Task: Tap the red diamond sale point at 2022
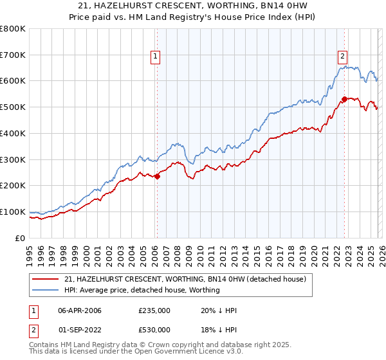345,99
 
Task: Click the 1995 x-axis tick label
29,253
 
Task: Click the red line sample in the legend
46,279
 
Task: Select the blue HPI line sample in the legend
46,290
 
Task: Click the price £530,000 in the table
154,330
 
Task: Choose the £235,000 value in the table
154,310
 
